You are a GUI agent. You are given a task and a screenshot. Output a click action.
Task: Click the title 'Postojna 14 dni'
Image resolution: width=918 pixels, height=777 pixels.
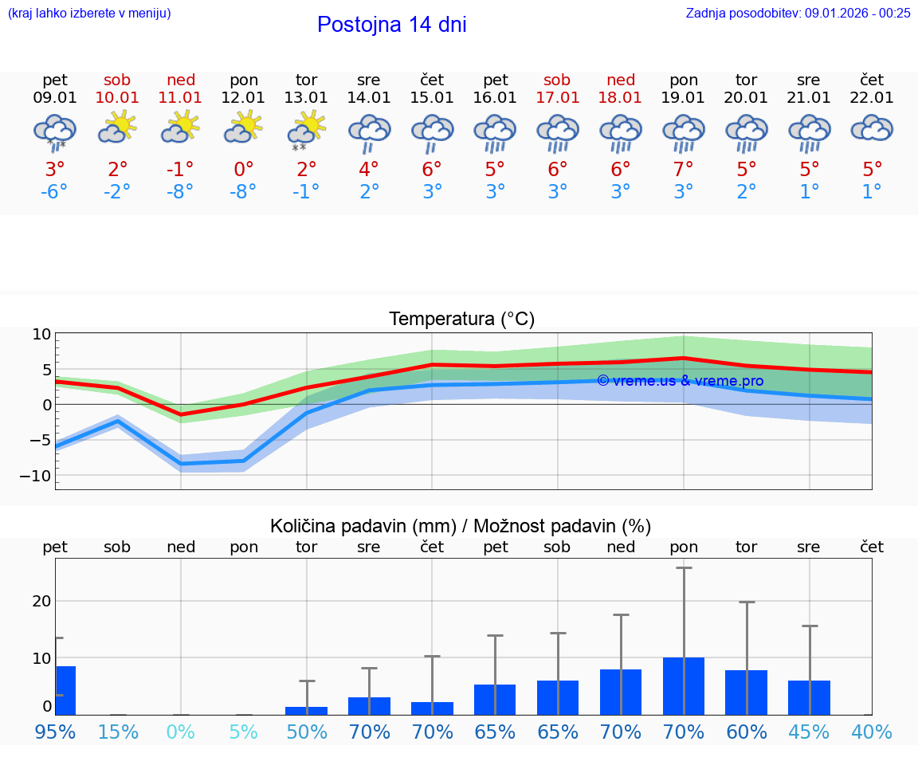click(391, 25)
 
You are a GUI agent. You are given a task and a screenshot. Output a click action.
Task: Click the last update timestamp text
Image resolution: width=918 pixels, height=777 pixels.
click(798, 13)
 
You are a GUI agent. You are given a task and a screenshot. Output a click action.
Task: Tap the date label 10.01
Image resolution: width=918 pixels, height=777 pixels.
click(117, 98)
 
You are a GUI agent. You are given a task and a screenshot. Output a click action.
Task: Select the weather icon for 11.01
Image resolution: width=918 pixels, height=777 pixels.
click(180, 128)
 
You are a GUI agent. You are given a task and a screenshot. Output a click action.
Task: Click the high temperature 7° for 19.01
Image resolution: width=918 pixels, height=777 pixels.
click(683, 169)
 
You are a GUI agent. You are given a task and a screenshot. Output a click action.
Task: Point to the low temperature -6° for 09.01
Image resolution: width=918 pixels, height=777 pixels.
click(54, 192)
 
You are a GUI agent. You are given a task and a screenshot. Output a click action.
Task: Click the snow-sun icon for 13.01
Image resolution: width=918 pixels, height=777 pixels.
click(306, 129)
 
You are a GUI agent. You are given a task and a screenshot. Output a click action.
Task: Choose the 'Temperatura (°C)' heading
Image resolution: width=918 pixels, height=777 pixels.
click(461, 320)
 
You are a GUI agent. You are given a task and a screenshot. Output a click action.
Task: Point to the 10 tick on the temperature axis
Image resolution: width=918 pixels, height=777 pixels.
click(41, 335)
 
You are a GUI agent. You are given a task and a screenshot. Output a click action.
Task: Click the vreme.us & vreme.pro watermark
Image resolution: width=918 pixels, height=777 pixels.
click(680, 381)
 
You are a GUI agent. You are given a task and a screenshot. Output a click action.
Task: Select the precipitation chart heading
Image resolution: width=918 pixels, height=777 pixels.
click(461, 526)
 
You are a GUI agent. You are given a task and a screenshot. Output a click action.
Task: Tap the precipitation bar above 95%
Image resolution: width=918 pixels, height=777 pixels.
click(65, 690)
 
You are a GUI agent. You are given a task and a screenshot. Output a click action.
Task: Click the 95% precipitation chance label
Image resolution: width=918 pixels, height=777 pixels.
click(54, 732)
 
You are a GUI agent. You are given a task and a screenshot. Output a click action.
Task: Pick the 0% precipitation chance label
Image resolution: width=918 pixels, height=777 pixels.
click(180, 732)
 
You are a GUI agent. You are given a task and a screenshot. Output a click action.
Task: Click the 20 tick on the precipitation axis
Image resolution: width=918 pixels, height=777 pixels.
click(41, 601)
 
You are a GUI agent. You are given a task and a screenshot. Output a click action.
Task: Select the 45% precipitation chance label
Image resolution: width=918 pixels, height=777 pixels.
click(809, 732)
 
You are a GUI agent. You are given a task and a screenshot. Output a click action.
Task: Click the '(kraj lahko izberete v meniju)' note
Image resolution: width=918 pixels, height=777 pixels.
click(88, 13)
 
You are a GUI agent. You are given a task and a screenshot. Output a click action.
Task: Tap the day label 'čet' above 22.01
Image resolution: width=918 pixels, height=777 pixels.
click(872, 80)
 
